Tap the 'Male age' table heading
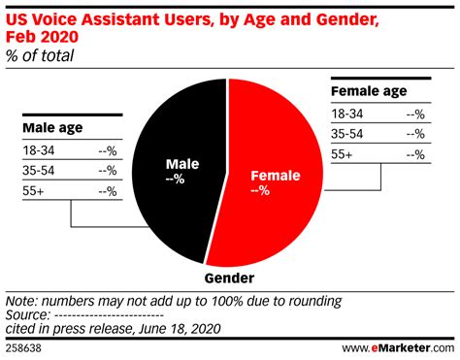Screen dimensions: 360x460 (x=51, y=126)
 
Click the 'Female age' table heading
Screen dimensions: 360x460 (x=370, y=93)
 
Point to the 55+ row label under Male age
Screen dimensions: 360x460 (x=33, y=191)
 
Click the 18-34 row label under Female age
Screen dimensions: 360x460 (x=349, y=115)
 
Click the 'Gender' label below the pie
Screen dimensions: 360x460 (x=229, y=279)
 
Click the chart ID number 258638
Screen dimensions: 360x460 (x=24, y=346)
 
